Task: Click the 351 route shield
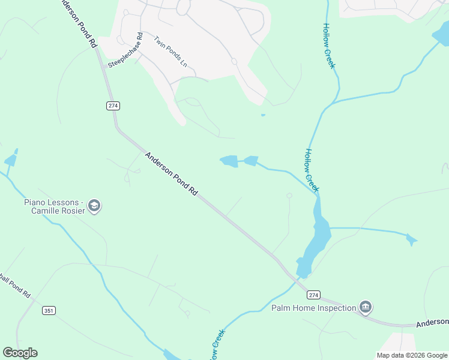49,310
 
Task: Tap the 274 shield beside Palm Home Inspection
313,295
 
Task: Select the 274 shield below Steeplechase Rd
113,106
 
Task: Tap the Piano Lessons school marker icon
94,206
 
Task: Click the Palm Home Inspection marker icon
365,308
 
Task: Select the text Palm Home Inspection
314,308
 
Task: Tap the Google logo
20,353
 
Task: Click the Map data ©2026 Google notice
412,355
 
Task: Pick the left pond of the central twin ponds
229,161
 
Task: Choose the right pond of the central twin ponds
250,160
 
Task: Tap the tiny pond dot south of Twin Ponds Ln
263,115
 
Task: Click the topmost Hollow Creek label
329,46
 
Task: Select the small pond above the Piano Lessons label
11,160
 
